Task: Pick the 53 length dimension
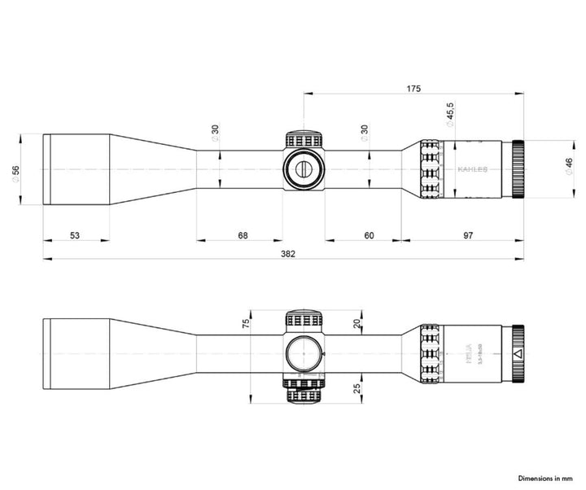click(75, 235)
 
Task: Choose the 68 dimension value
click(242, 235)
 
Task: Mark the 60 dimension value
click(369, 235)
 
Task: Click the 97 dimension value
click(468, 235)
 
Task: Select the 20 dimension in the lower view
click(357, 323)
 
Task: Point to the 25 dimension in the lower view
click(357, 389)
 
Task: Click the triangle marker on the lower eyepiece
click(517, 354)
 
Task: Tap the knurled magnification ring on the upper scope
click(430, 169)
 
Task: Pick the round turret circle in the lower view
click(303, 354)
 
